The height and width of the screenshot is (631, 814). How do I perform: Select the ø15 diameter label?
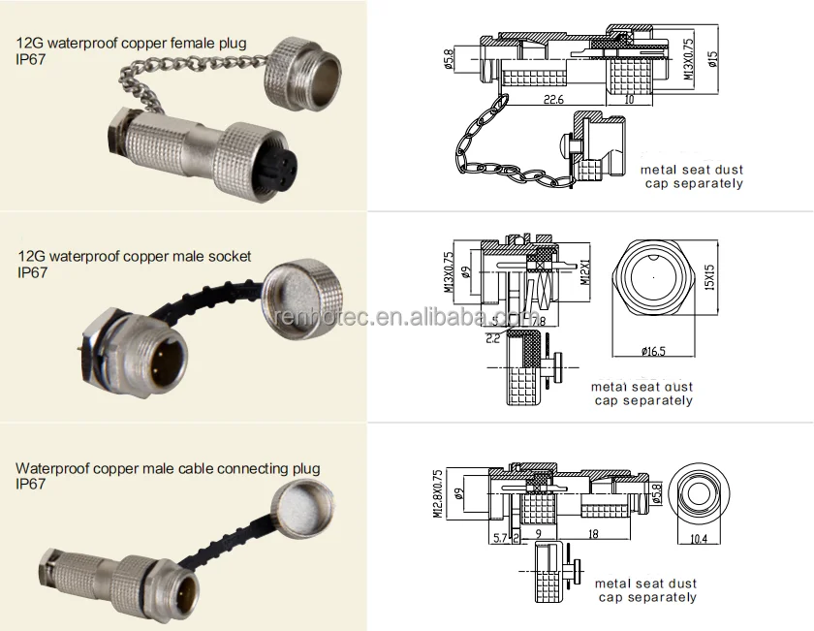coord(712,59)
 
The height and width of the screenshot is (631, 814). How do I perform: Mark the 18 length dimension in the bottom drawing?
coord(591,532)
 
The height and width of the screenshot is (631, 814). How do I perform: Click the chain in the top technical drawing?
coord(494,145)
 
